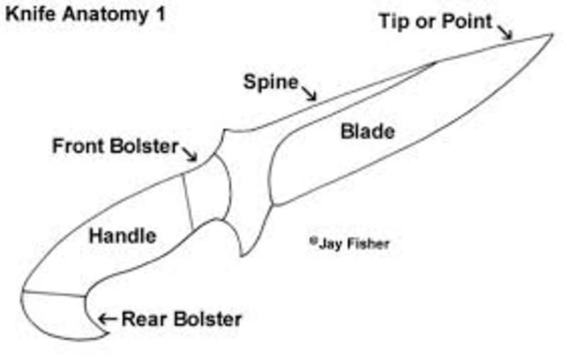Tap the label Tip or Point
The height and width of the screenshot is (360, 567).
pyautogui.click(x=435, y=21)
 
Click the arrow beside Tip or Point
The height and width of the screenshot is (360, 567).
pyautogui.click(x=505, y=32)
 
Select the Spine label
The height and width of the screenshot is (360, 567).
pyautogui.click(x=271, y=81)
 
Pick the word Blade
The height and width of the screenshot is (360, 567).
pyautogui.click(x=368, y=132)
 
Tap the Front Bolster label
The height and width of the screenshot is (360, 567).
pyautogui.click(x=115, y=147)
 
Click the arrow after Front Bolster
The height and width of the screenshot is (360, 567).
pyautogui.click(x=191, y=153)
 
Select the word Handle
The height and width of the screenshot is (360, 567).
pyautogui.click(x=123, y=236)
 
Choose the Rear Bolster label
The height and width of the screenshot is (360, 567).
pyautogui.click(x=181, y=319)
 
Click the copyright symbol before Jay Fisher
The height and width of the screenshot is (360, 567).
pyautogui.click(x=312, y=241)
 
